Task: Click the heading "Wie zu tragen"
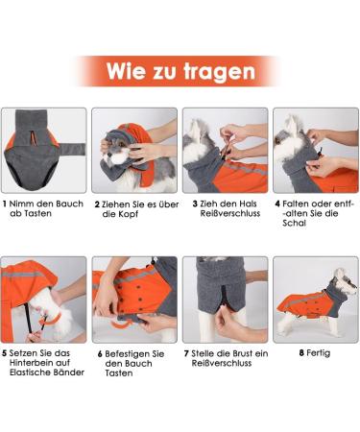coord(180,71)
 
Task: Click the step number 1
coord(6,204)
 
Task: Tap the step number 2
coord(97,204)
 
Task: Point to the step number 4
coord(277,204)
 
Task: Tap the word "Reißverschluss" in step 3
coord(224,216)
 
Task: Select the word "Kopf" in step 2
coord(130,216)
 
